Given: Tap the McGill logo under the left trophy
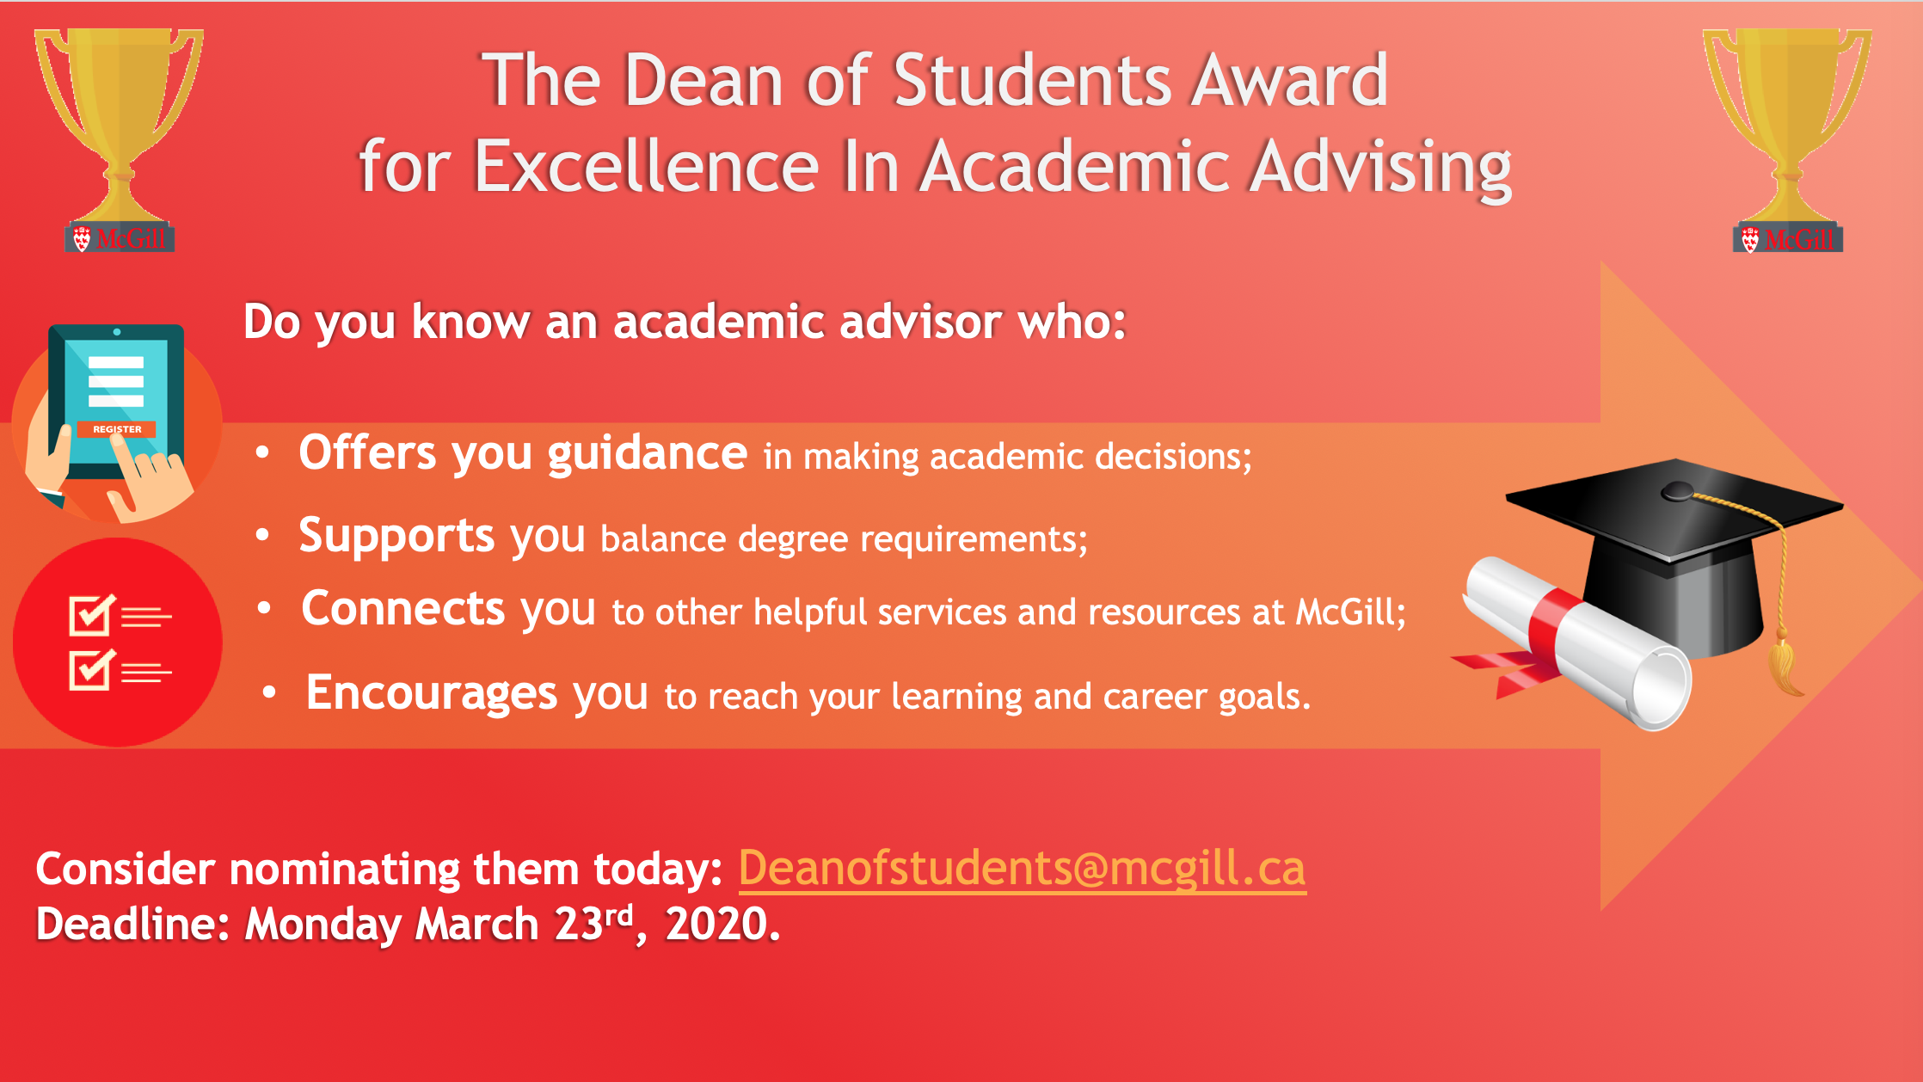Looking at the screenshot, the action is click(x=120, y=238).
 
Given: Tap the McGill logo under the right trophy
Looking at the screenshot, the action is click(x=1788, y=238).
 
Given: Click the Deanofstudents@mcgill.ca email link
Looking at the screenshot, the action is click(x=1022, y=868).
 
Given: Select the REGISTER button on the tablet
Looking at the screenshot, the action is click(x=117, y=429).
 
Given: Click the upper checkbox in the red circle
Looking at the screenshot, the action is click(x=91, y=615).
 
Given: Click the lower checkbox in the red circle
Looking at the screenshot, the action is click(x=91, y=669).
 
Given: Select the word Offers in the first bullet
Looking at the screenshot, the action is click(x=368, y=452).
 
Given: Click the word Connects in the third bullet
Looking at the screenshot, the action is click(x=402, y=608).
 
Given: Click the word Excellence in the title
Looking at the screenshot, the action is click(x=647, y=166).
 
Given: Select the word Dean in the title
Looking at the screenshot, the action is click(x=703, y=80).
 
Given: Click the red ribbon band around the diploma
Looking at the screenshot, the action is click(x=1557, y=632).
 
